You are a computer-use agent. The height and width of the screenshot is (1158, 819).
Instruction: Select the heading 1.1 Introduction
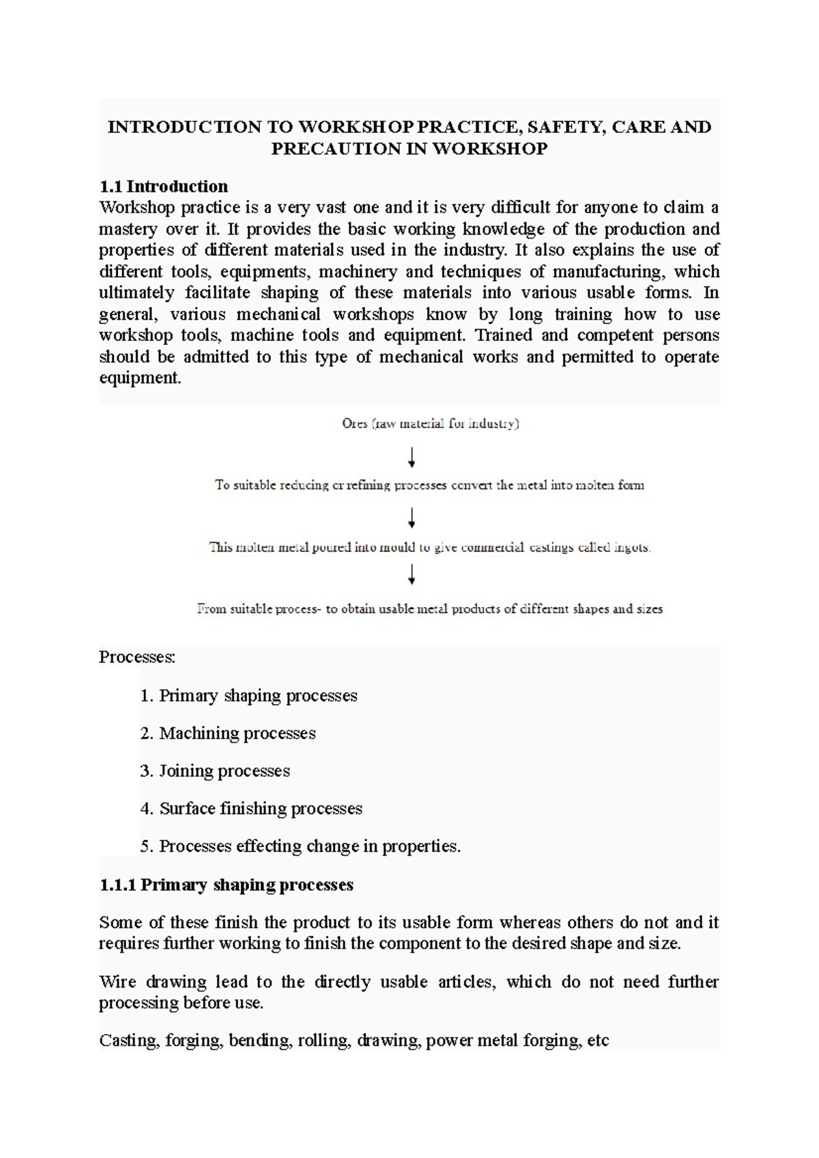click(x=164, y=186)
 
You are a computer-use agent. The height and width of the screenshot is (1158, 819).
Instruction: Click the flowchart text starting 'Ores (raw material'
click(x=430, y=424)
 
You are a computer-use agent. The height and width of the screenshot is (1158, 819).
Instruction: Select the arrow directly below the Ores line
click(x=412, y=456)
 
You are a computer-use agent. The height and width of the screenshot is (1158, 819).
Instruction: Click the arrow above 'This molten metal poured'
click(x=412, y=518)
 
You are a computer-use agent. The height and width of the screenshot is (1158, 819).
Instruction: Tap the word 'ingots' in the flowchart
click(x=631, y=548)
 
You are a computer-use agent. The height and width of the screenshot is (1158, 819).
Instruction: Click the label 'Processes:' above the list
click(x=137, y=657)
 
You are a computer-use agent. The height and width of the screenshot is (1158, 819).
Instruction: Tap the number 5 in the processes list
click(x=145, y=846)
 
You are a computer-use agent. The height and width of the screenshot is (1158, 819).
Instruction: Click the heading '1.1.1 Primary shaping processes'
click(x=226, y=885)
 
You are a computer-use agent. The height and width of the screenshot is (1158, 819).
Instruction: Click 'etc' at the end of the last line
click(x=597, y=1041)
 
